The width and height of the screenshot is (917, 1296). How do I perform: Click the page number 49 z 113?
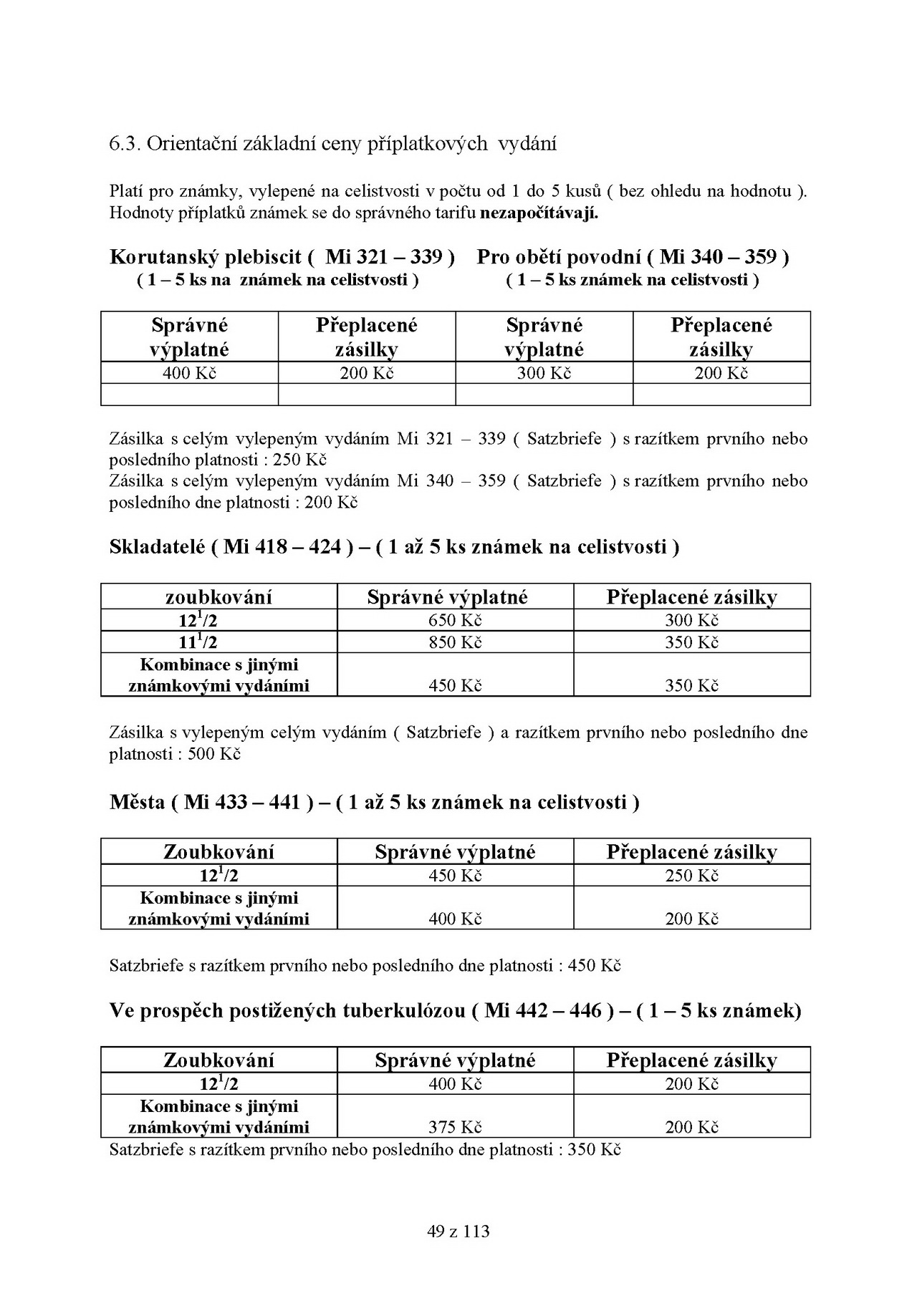tap(458, 1231)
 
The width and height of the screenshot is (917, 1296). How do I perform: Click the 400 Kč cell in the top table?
tap(189, 373)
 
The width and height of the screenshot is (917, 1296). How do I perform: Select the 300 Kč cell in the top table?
tap(544, 373)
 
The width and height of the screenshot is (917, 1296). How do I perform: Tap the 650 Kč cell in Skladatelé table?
tap(455, 620)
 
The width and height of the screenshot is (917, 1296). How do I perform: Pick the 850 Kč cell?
tap(455, 642)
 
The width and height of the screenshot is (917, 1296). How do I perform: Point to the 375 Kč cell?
tap(455, 1127)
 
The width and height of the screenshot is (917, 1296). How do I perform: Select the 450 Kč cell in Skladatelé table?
tap(455, 686)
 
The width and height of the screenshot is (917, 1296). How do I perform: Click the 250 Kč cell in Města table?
tap(691, 876)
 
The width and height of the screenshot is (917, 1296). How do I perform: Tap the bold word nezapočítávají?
tap(539, 213)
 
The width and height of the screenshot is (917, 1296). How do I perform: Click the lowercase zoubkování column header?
tap(219, 597)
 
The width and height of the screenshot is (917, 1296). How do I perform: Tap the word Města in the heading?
tap(138, 802)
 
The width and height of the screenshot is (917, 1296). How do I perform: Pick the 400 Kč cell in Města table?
tap(455, 919)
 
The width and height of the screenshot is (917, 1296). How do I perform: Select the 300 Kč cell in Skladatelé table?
tap(691, 620)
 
